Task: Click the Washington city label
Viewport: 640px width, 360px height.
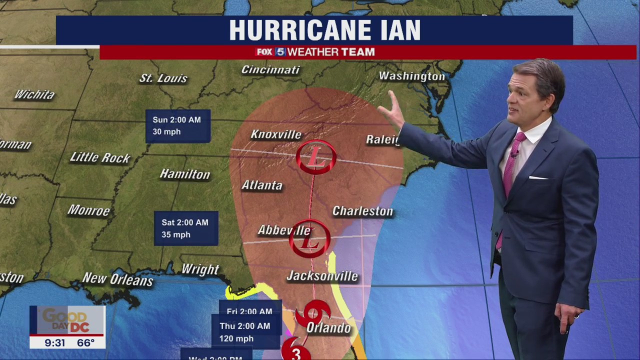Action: click(x=411, y=76)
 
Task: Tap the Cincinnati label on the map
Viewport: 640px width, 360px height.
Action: click(x=270, y=69)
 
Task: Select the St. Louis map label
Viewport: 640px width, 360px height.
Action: click(x=163, y=78)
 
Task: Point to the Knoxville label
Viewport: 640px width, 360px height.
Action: click(x=276, y=134)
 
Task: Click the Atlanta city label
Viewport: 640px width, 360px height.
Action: click(x=262, y=185)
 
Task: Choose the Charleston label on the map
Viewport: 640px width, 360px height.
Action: click(x=362, y=211)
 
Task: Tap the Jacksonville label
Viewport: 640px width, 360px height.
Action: click(x=322, y=276)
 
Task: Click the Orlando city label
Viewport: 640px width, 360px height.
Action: click(x=328, y=328)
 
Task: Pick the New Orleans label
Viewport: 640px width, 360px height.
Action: click(x=117, y=279)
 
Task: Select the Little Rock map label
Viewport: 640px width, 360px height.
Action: click(x=100, y=158)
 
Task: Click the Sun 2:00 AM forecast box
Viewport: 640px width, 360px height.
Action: click(x=178, y=126)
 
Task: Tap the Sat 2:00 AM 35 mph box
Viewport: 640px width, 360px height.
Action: click(x=185, y=228)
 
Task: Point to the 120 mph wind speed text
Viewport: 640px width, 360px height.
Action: click(x=236, y=338)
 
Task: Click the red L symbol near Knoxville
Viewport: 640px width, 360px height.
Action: click(x=316, y=157)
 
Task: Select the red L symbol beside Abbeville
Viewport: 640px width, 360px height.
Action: click(x=310, y=239)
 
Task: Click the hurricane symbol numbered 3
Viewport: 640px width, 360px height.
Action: click(x=295, y=351)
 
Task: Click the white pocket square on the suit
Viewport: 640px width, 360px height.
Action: click(x=538, y=177)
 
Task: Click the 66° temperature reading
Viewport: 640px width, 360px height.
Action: click(x=85, y=342)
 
